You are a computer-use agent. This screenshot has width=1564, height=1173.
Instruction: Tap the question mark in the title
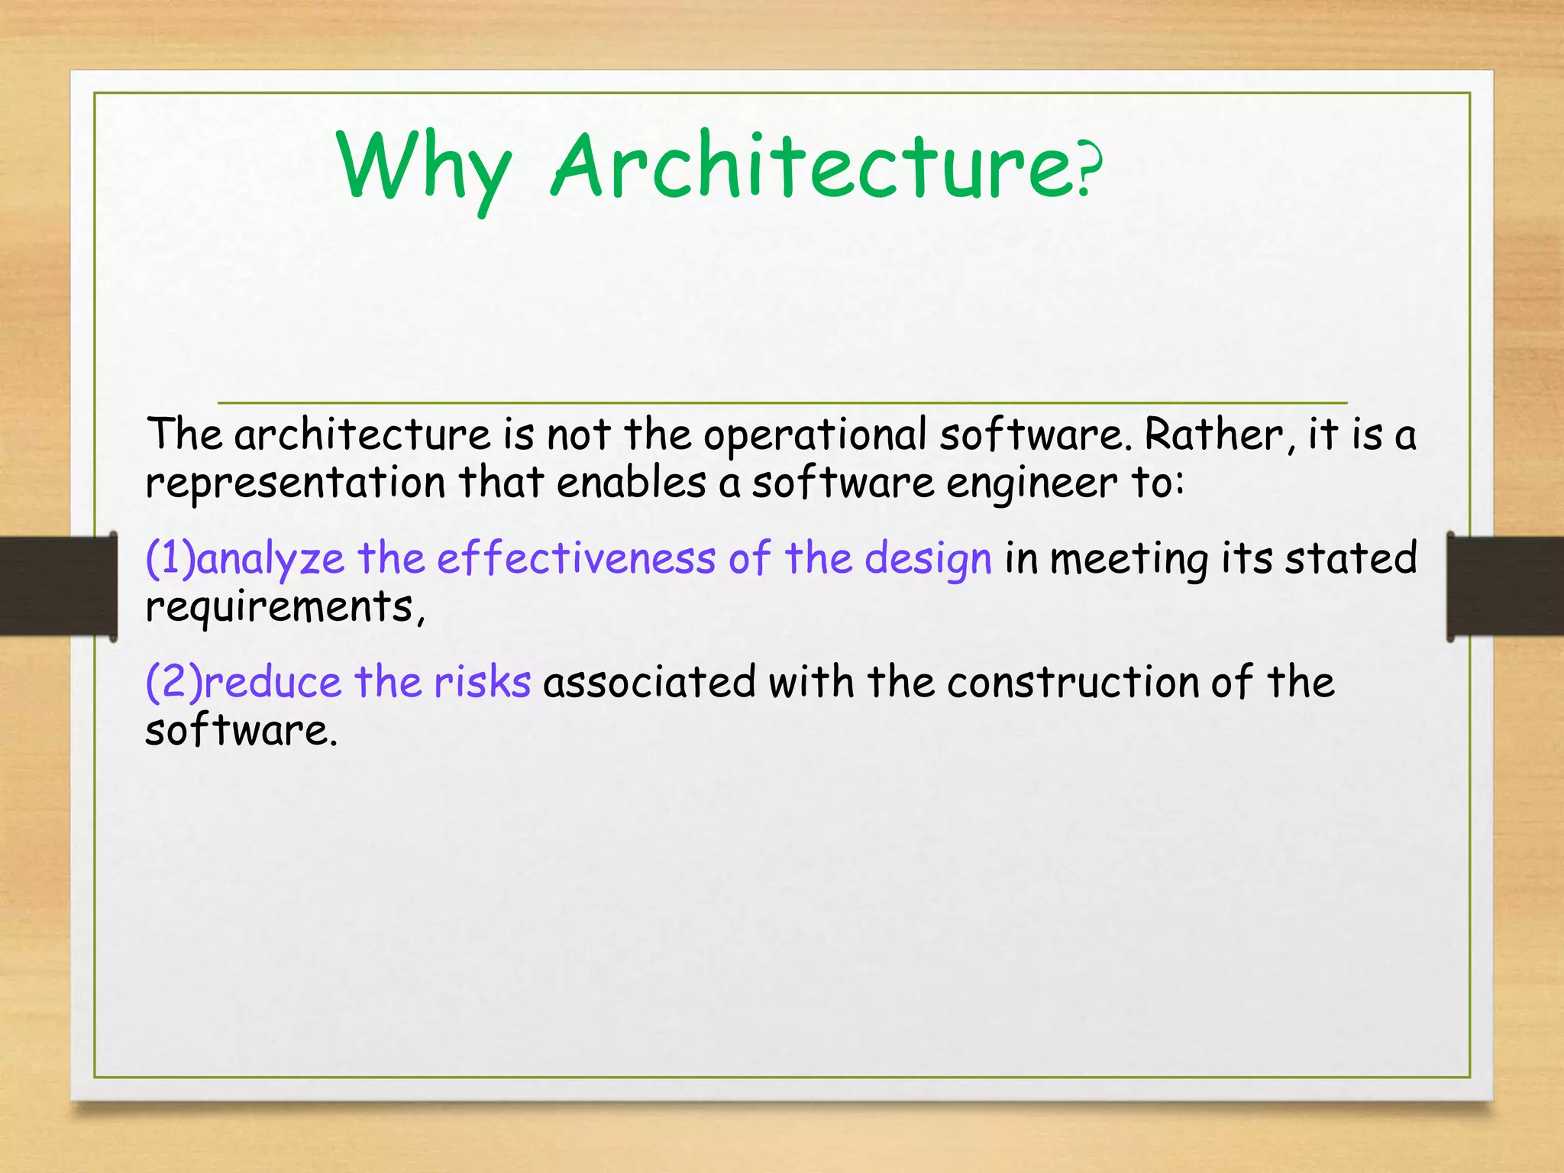(x=1090, y=173)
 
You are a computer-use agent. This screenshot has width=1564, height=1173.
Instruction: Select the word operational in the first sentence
(x=814, y=435)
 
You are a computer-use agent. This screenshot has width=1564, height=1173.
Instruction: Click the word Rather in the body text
(x=1214, y=435)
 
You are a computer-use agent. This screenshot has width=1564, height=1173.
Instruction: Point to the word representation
(x=296, y=484)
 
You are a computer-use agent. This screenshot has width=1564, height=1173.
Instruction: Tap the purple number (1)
(x=170, y=558)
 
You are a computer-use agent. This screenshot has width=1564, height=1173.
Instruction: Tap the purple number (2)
(x=173, y=682)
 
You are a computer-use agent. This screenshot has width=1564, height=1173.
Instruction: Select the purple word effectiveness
(x=576, y=558)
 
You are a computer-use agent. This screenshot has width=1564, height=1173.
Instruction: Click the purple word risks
(x=482, y=682)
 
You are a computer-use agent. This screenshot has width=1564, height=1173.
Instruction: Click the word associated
(x=649, y=682)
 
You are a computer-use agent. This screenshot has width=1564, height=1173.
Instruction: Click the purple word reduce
(x=272, y=682)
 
